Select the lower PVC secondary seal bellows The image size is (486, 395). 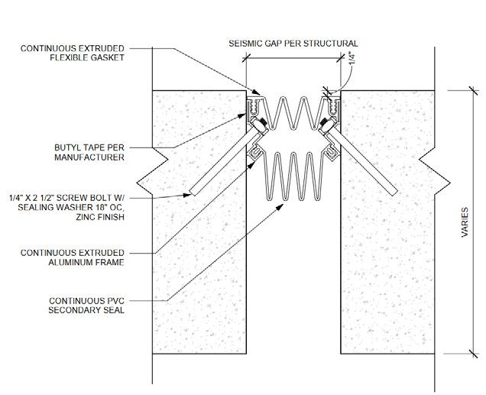[x=293, y=176]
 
